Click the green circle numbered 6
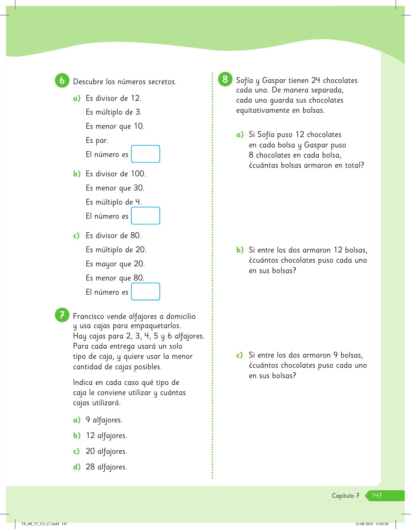click(x=62, y=80)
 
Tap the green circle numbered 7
click(x=62, y=315)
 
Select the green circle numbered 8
click(x=225, y=79)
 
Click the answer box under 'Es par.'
click(x=145, y=154)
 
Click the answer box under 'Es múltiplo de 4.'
click(x=145, y=216)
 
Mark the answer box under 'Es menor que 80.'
click(x=145, y=292)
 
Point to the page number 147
click(x=377, y=496)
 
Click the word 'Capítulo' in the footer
click(x=343, y=496)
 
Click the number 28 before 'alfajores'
click(x=90, y=467)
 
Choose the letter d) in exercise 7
click(x=77, y=467)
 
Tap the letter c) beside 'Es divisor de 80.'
click(x=76, y=236)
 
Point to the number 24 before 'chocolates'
click(x=316, y=80)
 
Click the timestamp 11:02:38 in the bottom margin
click(x=382, y=524)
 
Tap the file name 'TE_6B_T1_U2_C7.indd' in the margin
click(x=40, y=524)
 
